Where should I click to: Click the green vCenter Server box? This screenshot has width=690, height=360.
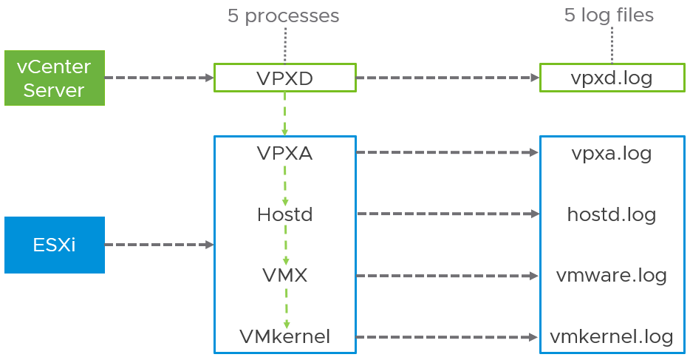(54, 78)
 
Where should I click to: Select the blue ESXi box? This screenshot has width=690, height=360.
(54, 245)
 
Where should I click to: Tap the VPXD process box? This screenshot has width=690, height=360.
(284, 78)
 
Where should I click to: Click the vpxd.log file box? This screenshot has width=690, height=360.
(611, 78)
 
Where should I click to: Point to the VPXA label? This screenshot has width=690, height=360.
(284, 153)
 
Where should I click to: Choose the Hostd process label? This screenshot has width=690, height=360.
(284, 214)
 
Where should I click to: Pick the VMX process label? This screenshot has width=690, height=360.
(284, 276)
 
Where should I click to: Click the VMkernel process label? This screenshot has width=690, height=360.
(284, 337)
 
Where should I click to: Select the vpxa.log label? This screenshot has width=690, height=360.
(611, 153)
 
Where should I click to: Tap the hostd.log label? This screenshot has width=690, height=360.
(611, 214)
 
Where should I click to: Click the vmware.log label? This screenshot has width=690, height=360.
(611, 276)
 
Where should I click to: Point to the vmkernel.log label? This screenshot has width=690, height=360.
(611, 337)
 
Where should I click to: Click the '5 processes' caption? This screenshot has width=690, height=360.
(283, 16)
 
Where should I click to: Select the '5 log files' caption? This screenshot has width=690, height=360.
(609, 15)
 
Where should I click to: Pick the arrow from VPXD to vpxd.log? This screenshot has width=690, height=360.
(448, 78)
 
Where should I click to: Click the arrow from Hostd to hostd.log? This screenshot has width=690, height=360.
(448, 214)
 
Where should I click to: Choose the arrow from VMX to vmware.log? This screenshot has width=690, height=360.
(448, 276)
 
